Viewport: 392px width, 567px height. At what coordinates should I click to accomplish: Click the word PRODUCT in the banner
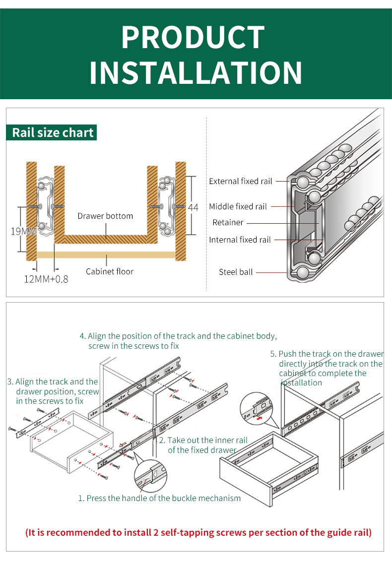click(x=193, y=38)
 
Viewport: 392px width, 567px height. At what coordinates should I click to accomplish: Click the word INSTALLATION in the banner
click(x=196, y=73)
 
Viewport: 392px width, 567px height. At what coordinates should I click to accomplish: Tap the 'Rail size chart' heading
click(x=53, y=132)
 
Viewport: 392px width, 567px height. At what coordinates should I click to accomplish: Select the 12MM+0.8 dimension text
click(x=46, y=279)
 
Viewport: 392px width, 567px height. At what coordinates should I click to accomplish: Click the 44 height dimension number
click(x=193, y=207)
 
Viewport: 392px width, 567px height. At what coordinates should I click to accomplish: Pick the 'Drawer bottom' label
click(x=105, y=216)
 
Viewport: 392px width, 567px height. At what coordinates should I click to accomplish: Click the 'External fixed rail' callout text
click(x=241, y=182)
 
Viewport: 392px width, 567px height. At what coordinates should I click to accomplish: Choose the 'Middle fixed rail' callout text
click(x=238, y=206)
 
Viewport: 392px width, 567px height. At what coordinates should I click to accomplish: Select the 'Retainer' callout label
click(x=228, y=223)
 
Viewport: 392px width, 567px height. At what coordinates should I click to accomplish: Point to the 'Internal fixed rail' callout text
click(x=240, y=240)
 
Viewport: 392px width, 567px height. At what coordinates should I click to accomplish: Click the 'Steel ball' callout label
click(x=236, y=272)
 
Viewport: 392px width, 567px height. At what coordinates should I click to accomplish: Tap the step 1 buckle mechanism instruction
click(x=159, y=498)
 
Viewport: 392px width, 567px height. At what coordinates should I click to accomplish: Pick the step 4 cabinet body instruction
click(x=179, y=341)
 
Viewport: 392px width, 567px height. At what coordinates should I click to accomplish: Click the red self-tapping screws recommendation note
click(x=198, y=533)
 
